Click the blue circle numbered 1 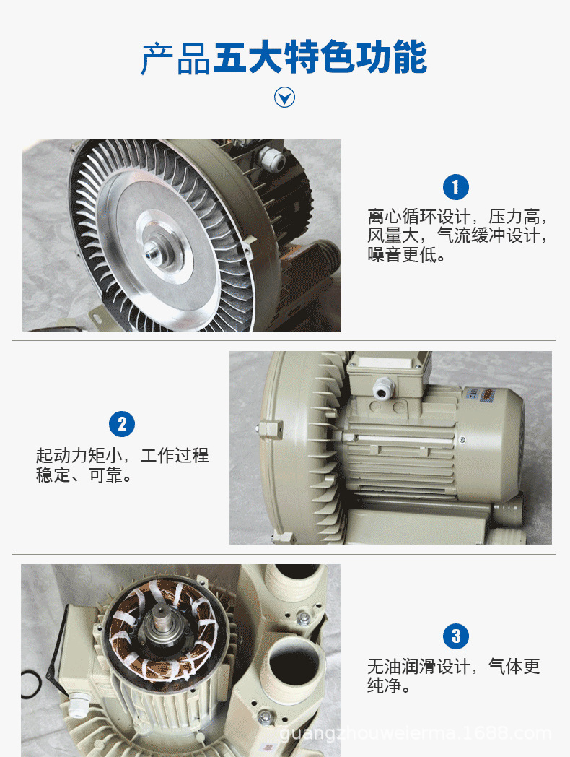tap(455, 188)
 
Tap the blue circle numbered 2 tap(122, 424)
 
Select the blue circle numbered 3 tap(455, 636)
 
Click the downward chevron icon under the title tap(285, 97)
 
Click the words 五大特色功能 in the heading tap(320, 59)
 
